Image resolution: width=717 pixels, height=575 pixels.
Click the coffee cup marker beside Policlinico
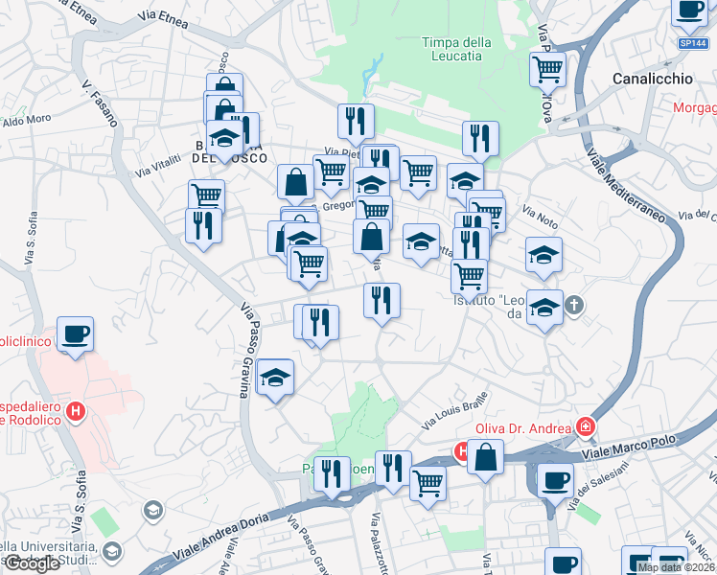tap(75, 334)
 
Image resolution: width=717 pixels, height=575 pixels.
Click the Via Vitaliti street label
tap(158, 165)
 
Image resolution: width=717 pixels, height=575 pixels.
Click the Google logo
tap(32, 563)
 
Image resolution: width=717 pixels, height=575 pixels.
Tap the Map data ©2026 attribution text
tap(675, 567)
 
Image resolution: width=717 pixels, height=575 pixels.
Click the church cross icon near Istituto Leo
tap(574, 306)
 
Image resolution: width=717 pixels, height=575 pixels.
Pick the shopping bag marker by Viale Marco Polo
tap(486, 458)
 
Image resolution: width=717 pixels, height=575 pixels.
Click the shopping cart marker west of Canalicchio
tap(547, 68)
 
